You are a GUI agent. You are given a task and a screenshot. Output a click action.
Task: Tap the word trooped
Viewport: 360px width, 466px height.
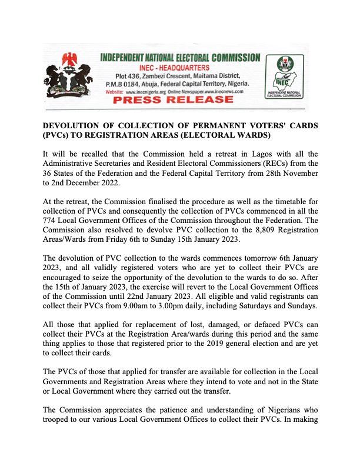coord(60,419)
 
